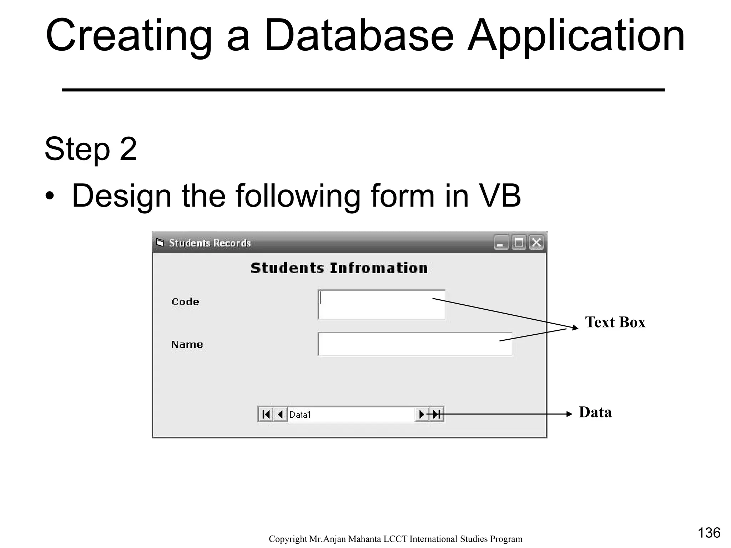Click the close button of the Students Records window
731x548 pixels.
pos(536,243)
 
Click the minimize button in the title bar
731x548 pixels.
pos(501,243)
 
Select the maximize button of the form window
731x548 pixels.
pos(519,243)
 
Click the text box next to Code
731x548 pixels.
pos(381,305)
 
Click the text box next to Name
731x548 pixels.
pos(415,344)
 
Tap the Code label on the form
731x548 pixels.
pos(185,302)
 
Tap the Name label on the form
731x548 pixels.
pos(187,345)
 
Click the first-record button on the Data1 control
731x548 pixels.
pos(266,415)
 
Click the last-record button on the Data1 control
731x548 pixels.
pos(437,415)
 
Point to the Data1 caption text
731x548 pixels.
pos(300,415)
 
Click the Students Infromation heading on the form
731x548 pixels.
pos(339,268)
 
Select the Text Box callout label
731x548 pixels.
pos(615,322)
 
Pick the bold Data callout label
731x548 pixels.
pos(595,412)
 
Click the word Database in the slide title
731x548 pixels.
pos(358,36)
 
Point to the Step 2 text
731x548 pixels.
pos(91,149)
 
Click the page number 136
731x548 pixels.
pos(709,533)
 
